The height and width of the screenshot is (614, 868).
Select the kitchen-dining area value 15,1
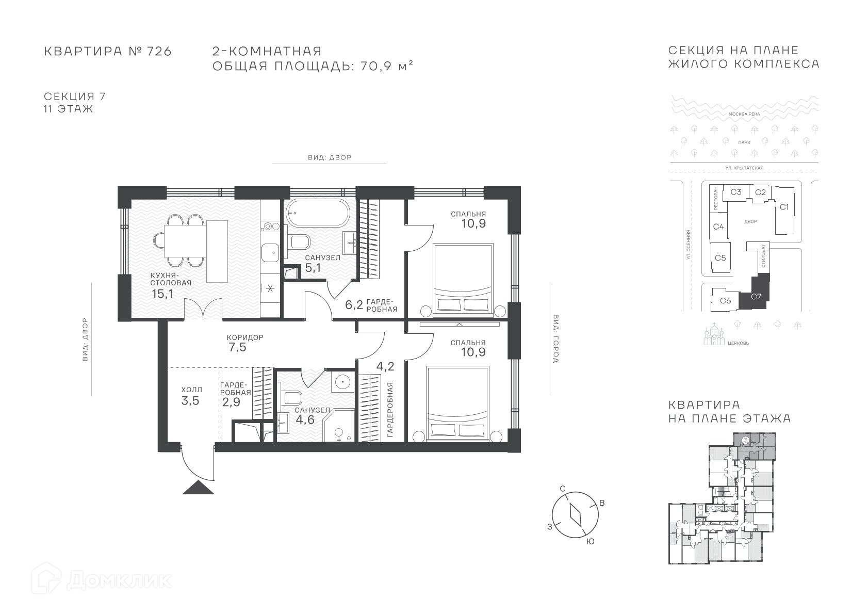tap(162, 294)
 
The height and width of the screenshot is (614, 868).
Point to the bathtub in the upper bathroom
tap(318, 213)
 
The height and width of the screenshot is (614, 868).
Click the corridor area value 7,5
tap(238, 347)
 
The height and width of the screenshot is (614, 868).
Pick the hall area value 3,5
tap(190, 401)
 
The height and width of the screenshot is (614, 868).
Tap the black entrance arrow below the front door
tap(198, 487)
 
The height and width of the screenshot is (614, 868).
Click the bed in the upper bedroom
tap(463, 278)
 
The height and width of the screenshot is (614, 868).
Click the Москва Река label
tap(744, 114)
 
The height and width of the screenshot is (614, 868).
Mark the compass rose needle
tap(576, 515)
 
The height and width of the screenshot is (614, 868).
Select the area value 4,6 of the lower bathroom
tap(305, 420)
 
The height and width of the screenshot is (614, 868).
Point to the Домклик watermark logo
tap(102, 580)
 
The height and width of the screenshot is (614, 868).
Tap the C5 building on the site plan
tap(720, 258)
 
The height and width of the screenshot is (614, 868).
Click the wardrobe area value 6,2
tap(354, 304)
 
